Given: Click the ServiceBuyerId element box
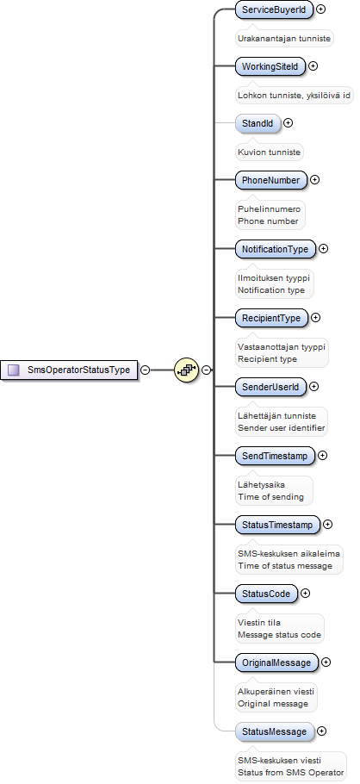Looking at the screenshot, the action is pos(274,9).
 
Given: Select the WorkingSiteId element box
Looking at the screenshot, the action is pos(270,66).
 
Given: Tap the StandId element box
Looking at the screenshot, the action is pos(258,123).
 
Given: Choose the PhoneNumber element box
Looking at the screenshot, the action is pos(271,180).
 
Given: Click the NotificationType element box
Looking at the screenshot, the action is pos(276,249).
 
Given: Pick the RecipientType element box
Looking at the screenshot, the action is pos(271,318).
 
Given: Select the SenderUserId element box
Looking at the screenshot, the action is pos(270,387).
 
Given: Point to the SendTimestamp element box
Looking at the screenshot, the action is pos(275,456).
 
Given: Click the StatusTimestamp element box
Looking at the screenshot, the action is pos(277,525).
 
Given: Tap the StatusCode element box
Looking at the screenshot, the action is pos(266,594).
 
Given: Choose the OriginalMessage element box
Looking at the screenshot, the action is pos(276,663).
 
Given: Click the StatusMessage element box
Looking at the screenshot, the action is pos(275,732).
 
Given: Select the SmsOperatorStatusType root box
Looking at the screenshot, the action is pos(69,370).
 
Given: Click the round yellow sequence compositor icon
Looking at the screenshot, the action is pos(187,370).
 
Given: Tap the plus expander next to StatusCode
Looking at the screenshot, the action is pos(305,594).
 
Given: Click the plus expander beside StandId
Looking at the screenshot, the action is pos(288,122).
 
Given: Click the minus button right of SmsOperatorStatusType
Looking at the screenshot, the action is pos(145,370).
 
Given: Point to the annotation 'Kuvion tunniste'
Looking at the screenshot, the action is pos(270,152).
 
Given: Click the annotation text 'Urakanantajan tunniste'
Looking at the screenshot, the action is pos(284,38).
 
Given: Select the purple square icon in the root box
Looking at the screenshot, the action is pos(14,370).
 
